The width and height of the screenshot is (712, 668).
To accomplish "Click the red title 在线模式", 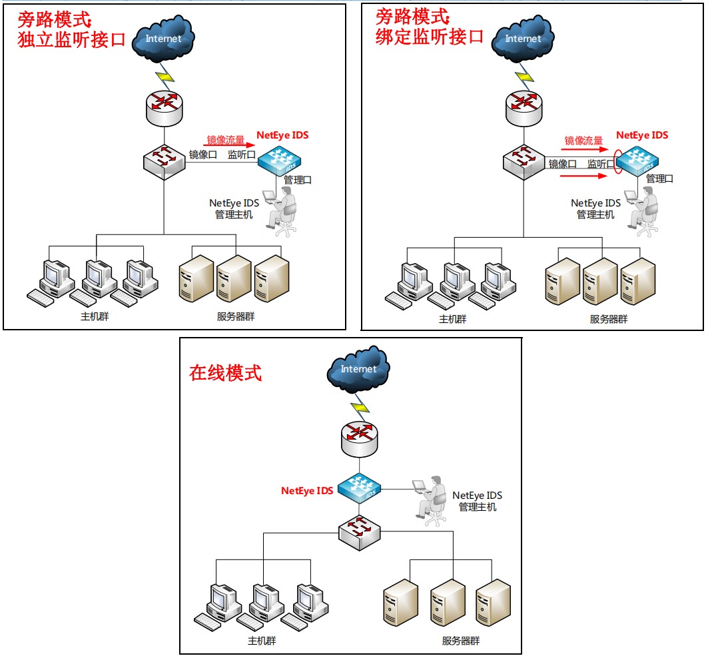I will tap(226, 373).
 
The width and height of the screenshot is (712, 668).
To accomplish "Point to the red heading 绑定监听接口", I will tap(430, 36).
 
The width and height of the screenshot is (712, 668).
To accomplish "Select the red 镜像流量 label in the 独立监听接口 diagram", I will tap(226, 140).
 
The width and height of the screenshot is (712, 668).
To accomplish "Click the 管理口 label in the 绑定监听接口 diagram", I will tap(659, 178).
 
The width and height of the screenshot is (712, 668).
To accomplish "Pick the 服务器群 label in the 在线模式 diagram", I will tap(461, 641).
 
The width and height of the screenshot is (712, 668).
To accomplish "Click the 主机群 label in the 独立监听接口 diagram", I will tap(95, 316).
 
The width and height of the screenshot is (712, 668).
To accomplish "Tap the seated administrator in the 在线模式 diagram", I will tap(431, 498).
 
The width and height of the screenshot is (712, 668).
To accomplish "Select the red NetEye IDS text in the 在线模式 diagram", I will tap(306, 491).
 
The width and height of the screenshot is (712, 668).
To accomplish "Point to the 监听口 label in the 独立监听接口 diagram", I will tap(241, 155).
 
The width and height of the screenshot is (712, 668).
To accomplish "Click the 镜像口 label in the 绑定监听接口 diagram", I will tap(563, 164).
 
